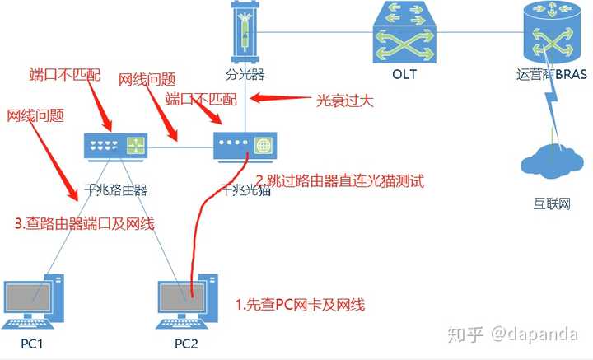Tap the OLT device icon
click(404, 32)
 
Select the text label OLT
click(404, 75)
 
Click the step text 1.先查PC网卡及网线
click(300, 305)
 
